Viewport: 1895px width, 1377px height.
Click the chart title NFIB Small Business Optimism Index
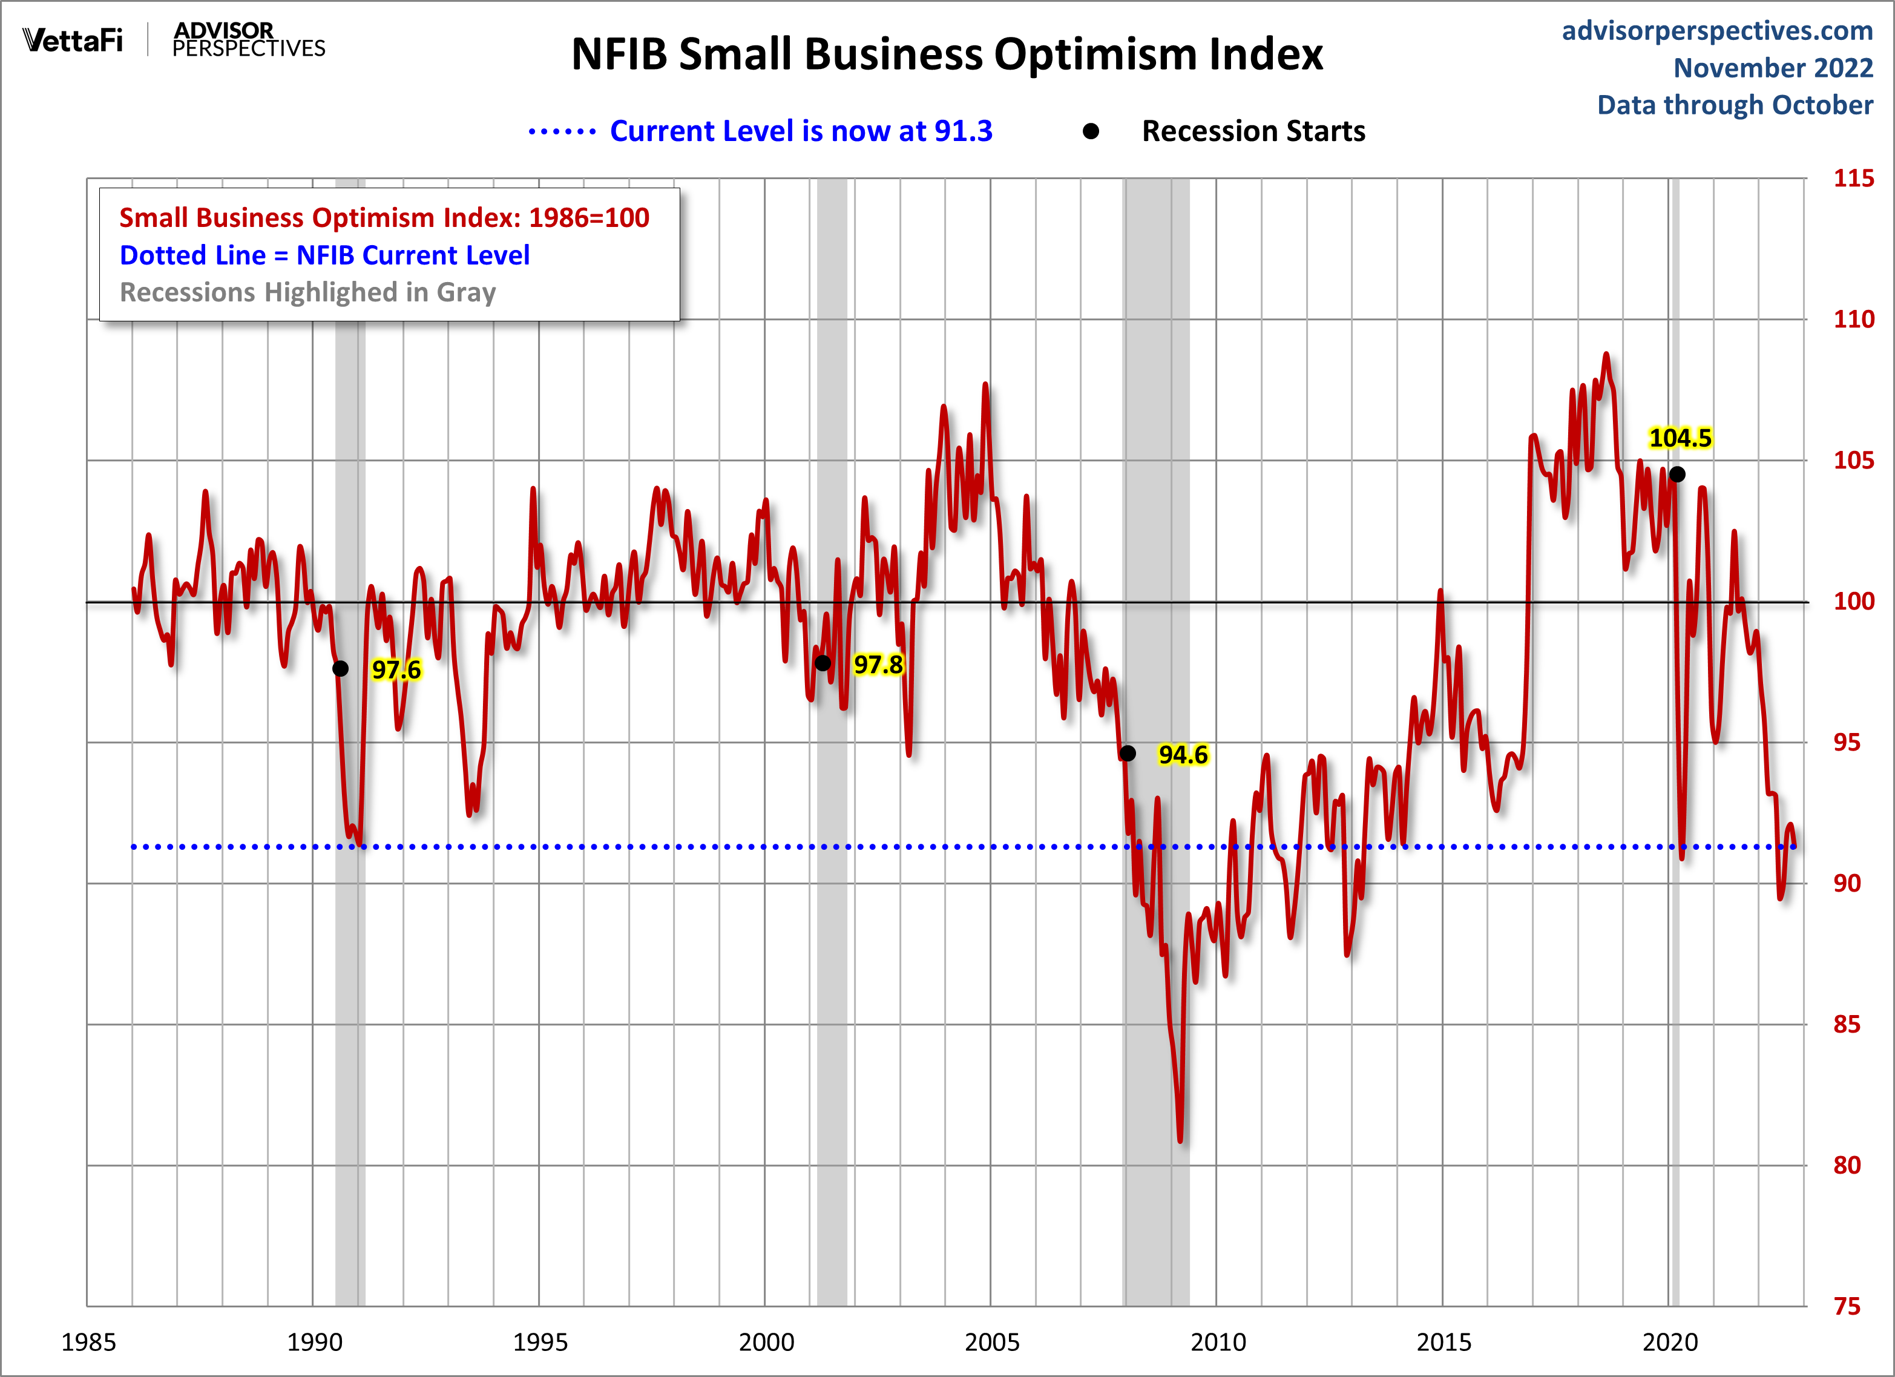pos(947,55)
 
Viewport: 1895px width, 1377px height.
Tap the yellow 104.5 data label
pos(1680,438)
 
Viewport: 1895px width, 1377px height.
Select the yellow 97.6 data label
pos(396,669)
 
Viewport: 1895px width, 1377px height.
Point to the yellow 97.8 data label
pos(878,664)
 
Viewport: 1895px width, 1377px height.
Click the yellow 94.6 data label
pos(1182,755)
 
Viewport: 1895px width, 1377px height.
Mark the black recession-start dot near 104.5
pos(1677,475)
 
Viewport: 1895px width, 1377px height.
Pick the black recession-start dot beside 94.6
pos(1127,754)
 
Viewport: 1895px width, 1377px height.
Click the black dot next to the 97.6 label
pos(340,668)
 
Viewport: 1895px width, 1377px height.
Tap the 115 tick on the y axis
pos(1853,178)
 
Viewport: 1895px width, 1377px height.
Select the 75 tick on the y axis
pos(1847,1306)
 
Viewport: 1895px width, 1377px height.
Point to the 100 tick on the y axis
pos(1853,601)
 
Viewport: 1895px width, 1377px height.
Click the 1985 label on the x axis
pos(88,1342)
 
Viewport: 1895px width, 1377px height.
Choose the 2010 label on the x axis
pos(1217,1342)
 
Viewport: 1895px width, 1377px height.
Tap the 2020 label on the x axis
pos(1669,1342)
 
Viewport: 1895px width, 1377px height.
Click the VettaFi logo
pos(73,40)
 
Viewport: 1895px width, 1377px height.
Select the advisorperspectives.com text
pos(1717,31)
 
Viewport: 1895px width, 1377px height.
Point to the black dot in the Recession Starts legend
pos(1091,131)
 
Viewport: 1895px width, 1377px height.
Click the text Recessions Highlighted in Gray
pos(307,292)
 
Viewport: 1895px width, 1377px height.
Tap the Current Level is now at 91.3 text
pos(801,131)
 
